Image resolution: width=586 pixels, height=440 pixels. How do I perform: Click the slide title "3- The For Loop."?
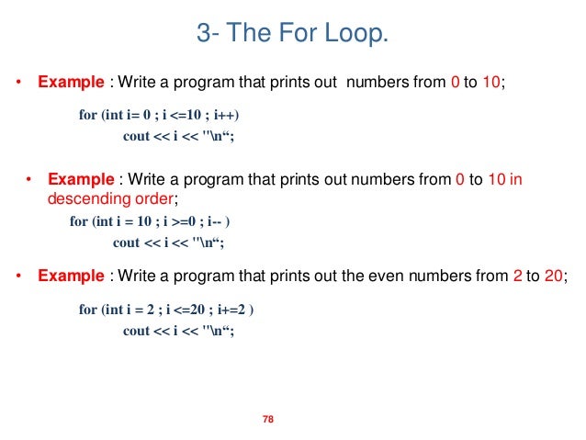[293, 34]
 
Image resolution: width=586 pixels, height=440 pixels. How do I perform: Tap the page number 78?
[269, 420]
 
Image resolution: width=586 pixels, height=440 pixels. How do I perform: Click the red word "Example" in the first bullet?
[71, 82]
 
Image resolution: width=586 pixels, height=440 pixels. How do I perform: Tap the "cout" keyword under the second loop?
[126, 243]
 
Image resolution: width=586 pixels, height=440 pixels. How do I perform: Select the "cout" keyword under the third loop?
[137, 331]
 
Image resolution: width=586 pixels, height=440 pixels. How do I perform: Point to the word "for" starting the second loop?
[79, 222]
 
